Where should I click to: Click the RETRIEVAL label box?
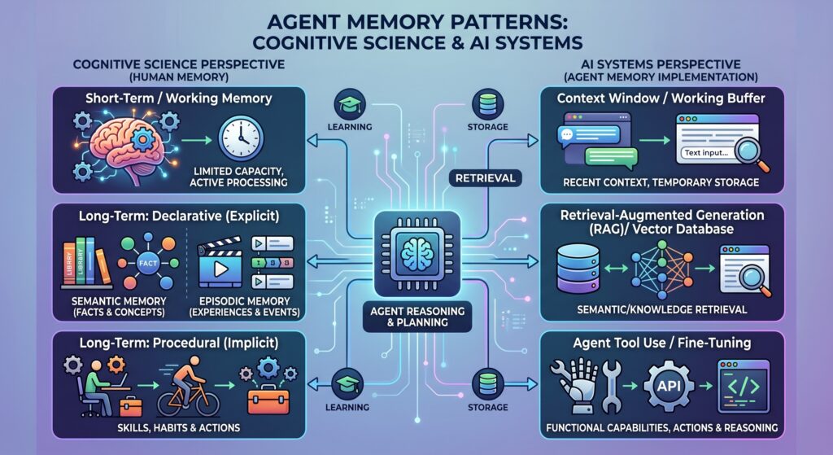coord(486,178)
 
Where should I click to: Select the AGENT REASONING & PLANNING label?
coord(417,317)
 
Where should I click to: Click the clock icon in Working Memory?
coord(241,138)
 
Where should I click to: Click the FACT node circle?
coord(148,263)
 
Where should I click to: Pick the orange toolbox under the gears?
coord(268,399)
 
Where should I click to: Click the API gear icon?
coord(669,385)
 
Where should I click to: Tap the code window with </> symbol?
coord(744,386)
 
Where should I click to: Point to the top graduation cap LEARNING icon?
coord(350,104)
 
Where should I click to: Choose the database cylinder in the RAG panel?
coord(578,269)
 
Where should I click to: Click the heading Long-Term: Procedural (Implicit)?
coord(178,343)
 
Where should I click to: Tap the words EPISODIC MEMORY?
coord(244,301)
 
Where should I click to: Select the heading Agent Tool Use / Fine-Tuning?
coord(662,343)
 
